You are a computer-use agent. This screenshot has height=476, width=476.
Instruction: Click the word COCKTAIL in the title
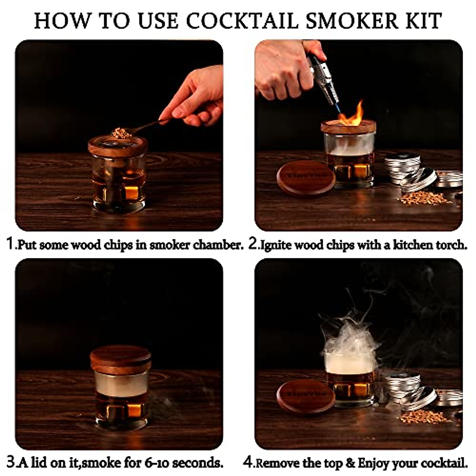(242, 20)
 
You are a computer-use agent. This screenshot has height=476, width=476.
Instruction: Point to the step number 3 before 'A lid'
(11, 462)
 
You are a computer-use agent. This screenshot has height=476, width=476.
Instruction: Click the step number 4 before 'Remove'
(248, 462)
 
